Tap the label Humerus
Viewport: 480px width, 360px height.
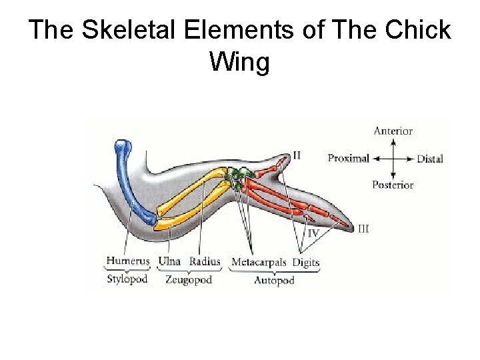pos(128,262)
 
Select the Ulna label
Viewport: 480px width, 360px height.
pos(169,262)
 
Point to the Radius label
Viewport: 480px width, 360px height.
pos(205,262)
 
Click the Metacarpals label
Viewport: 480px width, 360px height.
pos(259,262)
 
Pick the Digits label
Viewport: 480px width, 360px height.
pos(306,262)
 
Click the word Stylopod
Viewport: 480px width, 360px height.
pos(127,279)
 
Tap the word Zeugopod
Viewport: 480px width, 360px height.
pos(188,279)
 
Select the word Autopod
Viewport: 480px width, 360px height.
pos(274,281)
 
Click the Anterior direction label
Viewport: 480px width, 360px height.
pos(393,131)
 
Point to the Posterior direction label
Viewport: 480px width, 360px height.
pos(393,185)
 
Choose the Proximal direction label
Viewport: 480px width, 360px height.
pos(349,159)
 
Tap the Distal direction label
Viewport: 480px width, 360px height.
pos(430,159)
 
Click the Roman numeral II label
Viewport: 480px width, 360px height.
pos(297,155)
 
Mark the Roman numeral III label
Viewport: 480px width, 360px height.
pos(363,229)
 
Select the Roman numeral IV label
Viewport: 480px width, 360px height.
pos(312,233)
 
